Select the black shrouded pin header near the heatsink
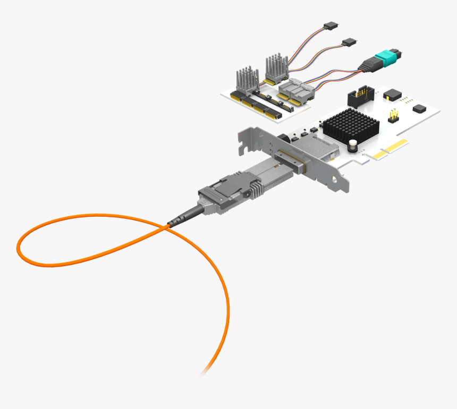(x=361, y=96)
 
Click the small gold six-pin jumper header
(x=394, y=115)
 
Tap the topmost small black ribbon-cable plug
(x=330, y=25)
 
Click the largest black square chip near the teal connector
(x=392, y=94)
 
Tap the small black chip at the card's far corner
(x=419, y=108)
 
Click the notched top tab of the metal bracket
(x=246, y=139)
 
